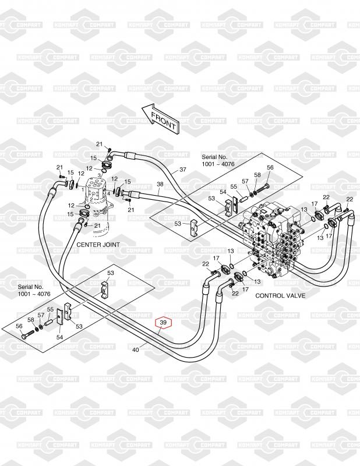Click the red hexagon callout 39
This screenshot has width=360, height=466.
coord(163,323)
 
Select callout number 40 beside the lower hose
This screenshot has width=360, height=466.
coord(136,349)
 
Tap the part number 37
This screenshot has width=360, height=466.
coord(182,170)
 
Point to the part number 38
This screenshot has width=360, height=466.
coord(160,183)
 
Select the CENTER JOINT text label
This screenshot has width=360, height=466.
coord(98,245)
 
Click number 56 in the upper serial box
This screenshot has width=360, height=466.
coord(270,168)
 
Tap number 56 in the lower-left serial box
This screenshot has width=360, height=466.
coord(19,326)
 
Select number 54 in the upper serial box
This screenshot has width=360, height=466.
coord(222,192)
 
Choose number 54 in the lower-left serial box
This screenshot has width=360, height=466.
coord(59,337)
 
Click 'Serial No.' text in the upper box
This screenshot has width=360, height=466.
coord(214,157)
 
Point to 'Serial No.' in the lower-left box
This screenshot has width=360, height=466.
coord(30,288)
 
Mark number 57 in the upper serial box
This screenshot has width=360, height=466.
coord(245,181)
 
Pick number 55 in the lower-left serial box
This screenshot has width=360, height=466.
coord(50,309)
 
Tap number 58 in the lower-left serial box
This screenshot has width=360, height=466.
coord(30,320)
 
